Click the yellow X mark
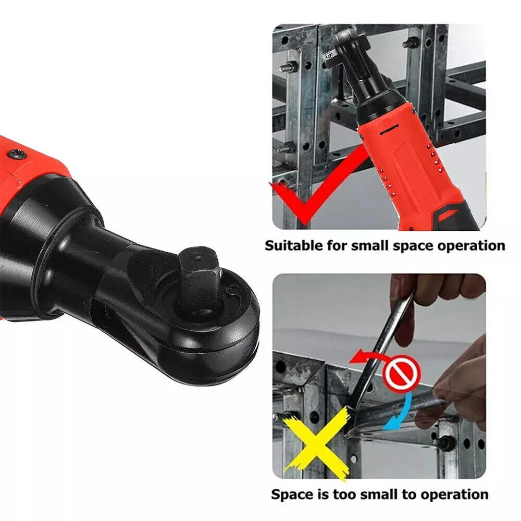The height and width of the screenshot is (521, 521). point(317,443)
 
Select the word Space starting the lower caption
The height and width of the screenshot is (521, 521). point(293,493)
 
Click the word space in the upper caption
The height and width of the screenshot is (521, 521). point(407,245)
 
